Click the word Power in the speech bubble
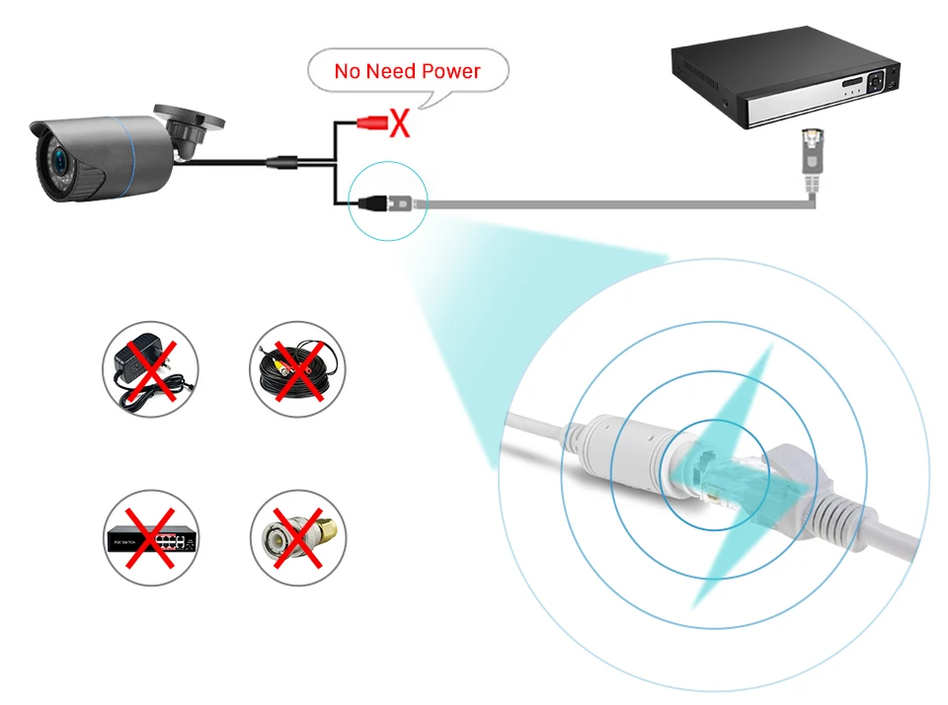click(x=450, y=71)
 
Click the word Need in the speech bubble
click(x=392, y=71)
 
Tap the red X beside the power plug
click(x=399, y=123)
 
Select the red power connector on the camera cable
click(x=372, y=123)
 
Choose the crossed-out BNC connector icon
click(x=297, y=538)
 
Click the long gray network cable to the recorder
click(x=612, y=203)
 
